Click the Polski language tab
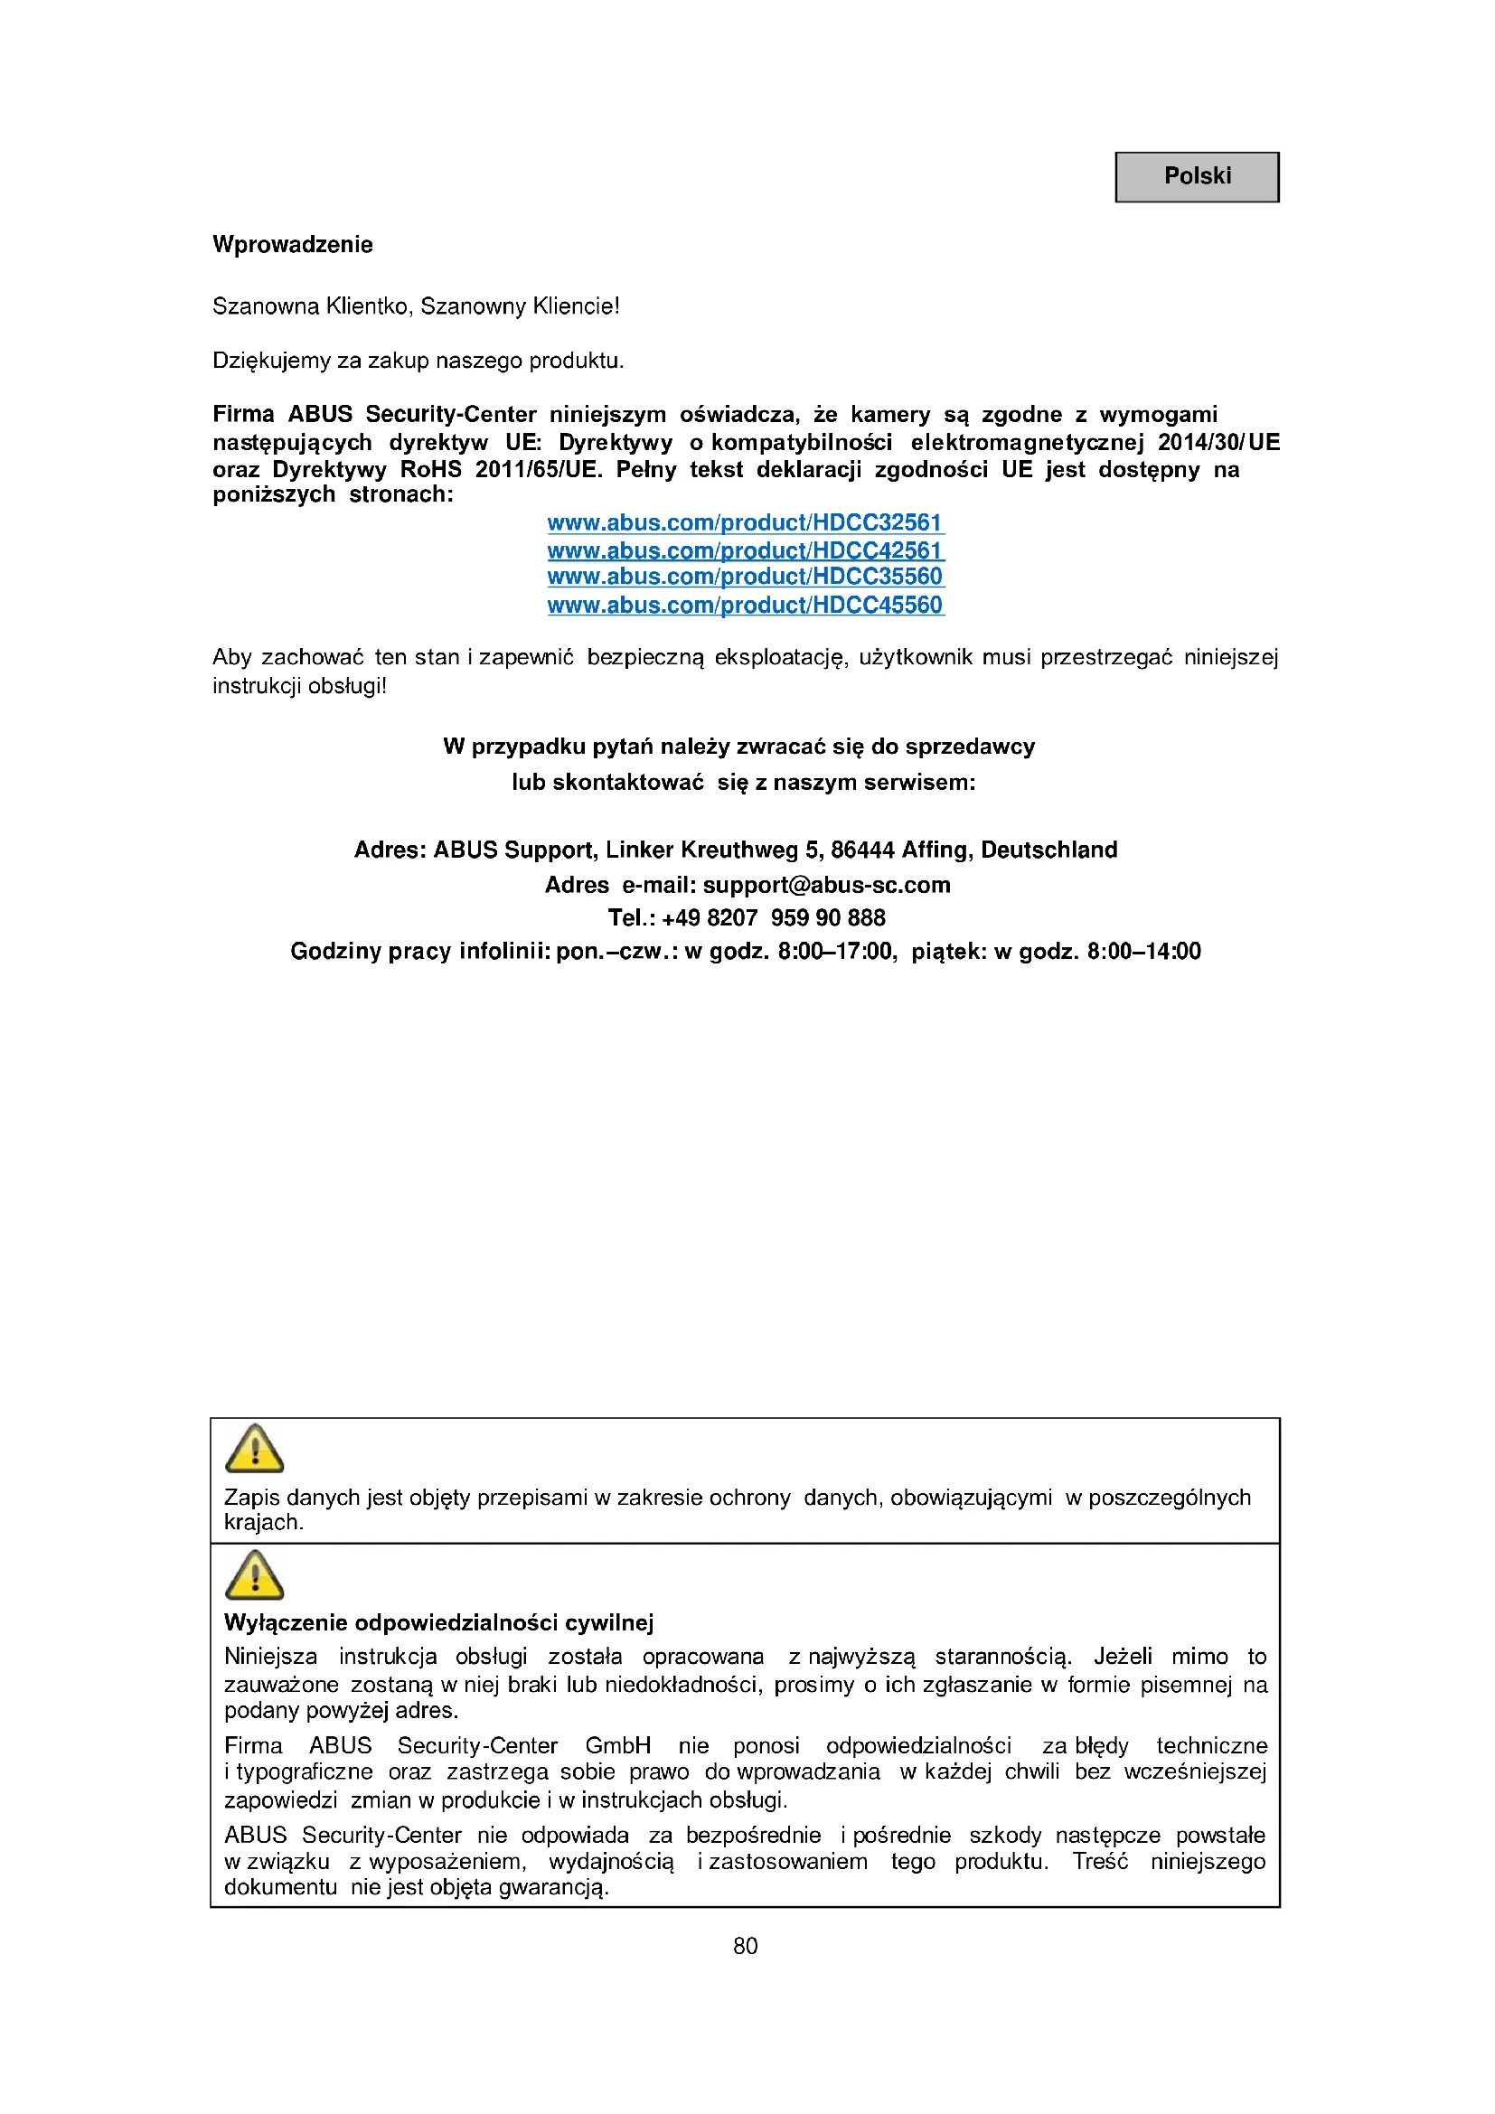coord(1196,177)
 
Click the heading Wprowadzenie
coord(293,245)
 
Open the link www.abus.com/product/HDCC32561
coord(745,523)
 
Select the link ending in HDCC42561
coord(745,550)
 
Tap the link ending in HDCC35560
coord(745,577)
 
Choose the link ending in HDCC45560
coord(745,605)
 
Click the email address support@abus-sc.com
coord(826,885)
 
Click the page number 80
coord(745,1946)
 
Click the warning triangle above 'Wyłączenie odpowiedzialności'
coord(254,1574)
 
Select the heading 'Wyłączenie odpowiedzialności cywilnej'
coord(438,1622)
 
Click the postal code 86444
coord(862,850)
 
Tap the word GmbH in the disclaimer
coord(617,1746)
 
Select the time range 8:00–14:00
coord(1143,951)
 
